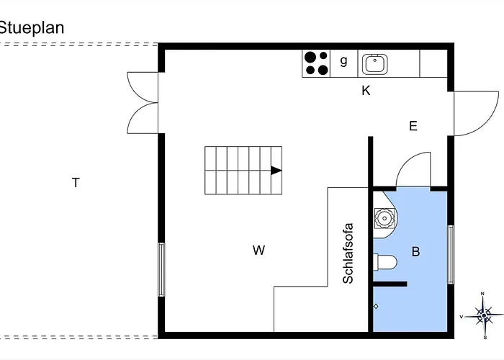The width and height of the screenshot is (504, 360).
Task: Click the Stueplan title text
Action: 31,28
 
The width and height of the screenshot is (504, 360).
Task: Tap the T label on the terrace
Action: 76,183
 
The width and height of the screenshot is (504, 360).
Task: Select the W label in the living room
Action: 258,250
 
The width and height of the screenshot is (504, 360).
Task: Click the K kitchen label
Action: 366,91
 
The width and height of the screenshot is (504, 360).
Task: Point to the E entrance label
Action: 413,126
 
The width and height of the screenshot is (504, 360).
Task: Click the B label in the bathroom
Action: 415,251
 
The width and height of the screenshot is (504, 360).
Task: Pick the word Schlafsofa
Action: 348,253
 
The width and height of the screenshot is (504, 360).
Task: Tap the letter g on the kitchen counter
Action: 343,60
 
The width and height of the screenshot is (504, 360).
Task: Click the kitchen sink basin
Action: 375,63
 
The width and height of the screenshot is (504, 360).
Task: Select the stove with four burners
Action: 316,63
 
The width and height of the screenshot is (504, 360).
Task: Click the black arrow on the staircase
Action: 276,171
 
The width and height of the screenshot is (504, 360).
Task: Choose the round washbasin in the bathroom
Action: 384,219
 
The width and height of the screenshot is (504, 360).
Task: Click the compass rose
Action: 483,315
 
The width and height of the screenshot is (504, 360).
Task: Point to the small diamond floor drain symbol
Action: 376,306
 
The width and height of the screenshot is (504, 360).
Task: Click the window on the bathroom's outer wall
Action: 451,254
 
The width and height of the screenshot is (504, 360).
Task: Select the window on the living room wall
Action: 161,269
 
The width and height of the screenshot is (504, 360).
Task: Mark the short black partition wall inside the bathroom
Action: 390,284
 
